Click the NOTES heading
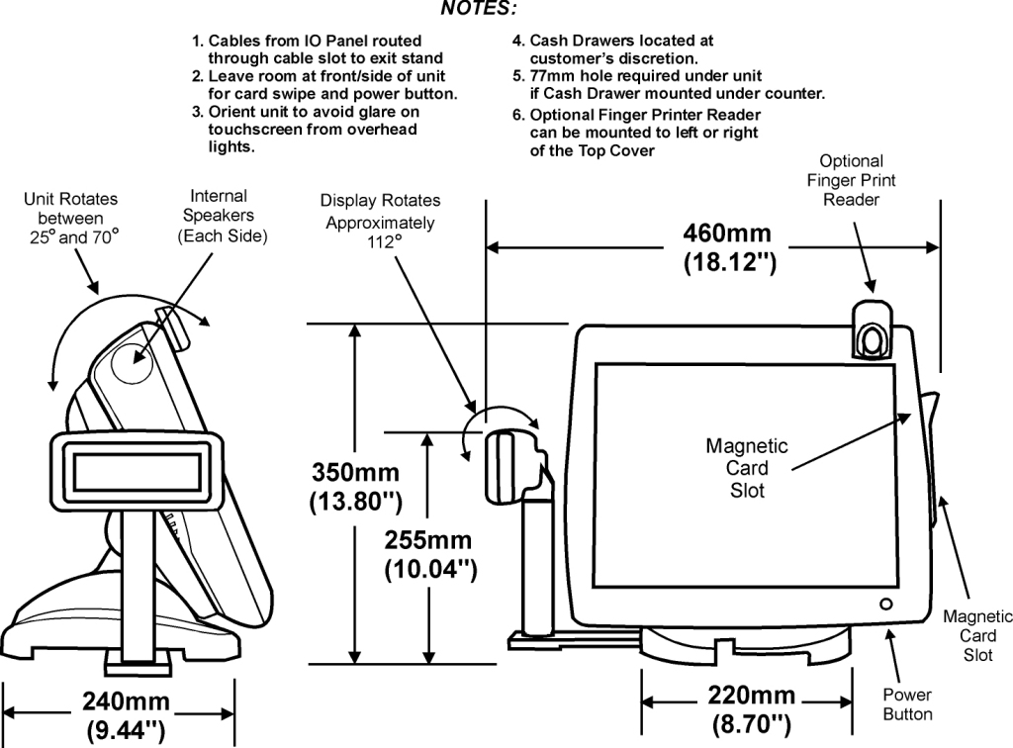(x=479, y=8)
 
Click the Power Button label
(x=907, y=704)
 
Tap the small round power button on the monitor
(x=885, y=605)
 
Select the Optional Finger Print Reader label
(x=851, y=180)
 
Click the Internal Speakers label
(x=223, y=217)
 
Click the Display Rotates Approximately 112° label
(x=380, y=221)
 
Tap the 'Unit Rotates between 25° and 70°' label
(x=71, y=219)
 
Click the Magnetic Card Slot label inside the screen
(x=746, y=468)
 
